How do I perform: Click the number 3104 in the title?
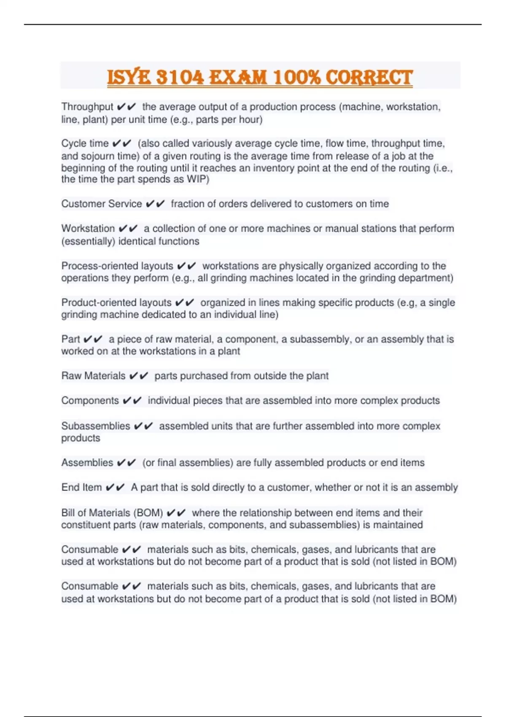(x=180, y=78)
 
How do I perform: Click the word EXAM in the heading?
(x=238, y=78)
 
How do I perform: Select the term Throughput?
(x=87, y=107)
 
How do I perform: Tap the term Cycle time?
(x=85, y=143)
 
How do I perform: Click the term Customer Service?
(x=102, y=204)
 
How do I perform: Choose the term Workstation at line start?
(x=88, y=229)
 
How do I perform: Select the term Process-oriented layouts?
(x=117, y=266)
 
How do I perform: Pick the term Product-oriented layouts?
(x=116, y=303)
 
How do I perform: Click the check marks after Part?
(x=93, y=340)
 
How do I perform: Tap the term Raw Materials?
(x=93, y=376)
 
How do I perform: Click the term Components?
(x=90, y=401)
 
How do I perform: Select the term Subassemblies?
(x=96, y=426)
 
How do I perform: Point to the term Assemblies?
(x=87, y=463)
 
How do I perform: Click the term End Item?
(x=81, y=488)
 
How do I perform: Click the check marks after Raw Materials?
(x=139, y=376)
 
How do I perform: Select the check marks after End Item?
(x=115, y=488)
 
